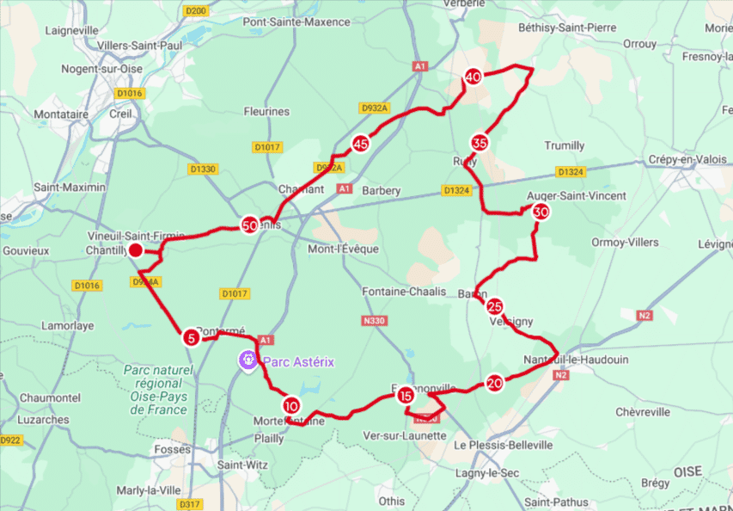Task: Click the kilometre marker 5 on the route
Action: click(191, 338)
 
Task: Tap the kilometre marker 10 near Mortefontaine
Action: click(291, 405)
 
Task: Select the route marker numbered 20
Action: click(494, 384)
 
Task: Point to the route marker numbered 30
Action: click(541, 212)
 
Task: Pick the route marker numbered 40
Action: click(473, 77)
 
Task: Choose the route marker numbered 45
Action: click(361, 145)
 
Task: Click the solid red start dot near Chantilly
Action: click(135, 250)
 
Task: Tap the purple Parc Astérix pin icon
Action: click(247, 361)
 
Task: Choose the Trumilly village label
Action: click(564, 145)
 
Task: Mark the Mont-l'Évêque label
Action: click(345, 249)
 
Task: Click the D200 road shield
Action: click(197, 10)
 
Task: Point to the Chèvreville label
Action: click(643, 412)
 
